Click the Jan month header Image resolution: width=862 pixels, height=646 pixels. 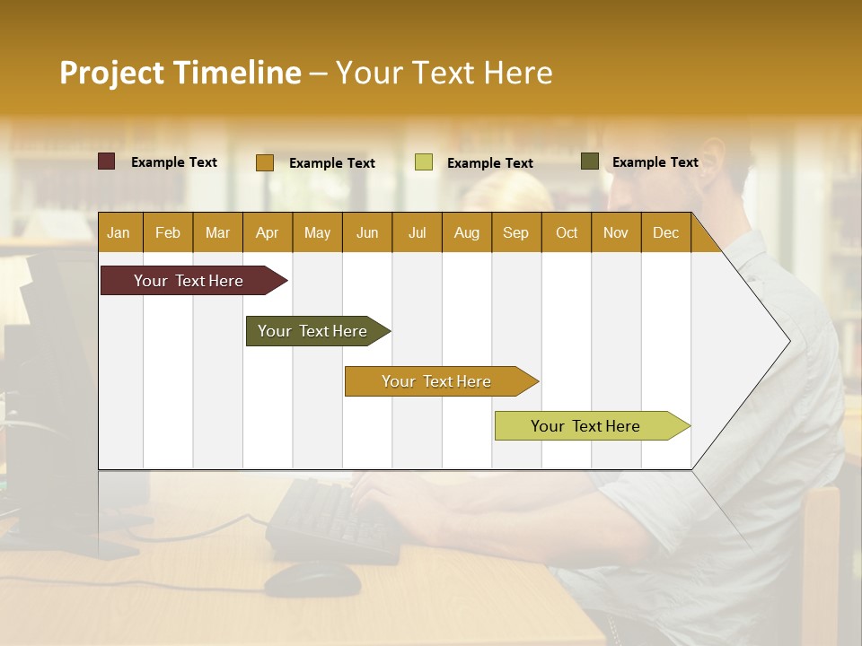[119, 232]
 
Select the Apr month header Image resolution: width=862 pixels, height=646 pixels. [267, 232]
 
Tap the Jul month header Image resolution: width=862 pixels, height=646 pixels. [417, 232]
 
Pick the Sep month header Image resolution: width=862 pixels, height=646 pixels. [515, 232]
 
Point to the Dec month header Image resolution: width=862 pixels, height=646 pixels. [665, 232]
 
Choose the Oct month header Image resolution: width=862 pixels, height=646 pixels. [567, 232]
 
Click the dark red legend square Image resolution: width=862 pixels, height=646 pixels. [107, 161]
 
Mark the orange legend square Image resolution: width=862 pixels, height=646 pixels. [265, 162]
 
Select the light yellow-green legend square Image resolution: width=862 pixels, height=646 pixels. [424, 162]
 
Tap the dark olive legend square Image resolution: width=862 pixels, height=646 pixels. [590, 161]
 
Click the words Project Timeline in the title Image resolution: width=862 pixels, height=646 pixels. [180, 73]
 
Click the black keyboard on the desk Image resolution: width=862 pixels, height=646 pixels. [332, 520]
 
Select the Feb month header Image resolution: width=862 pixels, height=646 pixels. [168, 232]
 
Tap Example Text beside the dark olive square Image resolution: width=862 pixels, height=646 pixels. [655, 161]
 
